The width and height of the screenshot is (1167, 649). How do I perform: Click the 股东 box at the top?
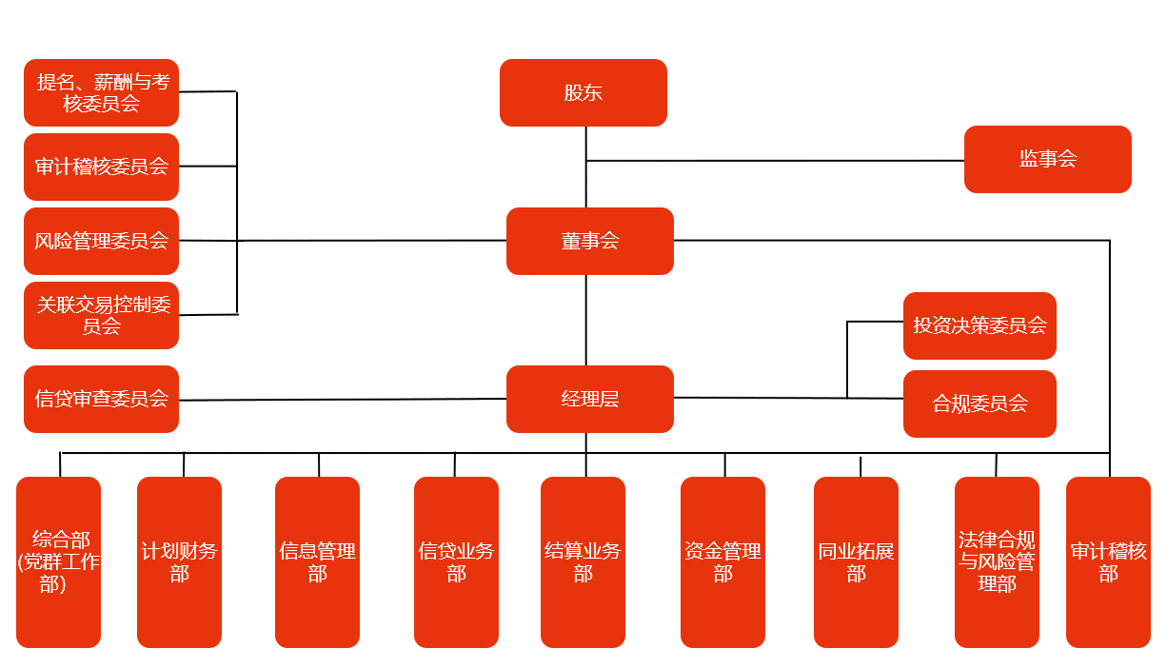(583, 92)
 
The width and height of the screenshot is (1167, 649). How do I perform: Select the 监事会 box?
(1047, 159)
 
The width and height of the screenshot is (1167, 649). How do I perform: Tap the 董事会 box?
(589, 241)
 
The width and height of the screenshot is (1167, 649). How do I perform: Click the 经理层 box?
(589, 399)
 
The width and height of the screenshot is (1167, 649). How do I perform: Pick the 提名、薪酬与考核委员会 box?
(101, 92)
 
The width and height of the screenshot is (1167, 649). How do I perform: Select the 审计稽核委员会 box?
(101, 167)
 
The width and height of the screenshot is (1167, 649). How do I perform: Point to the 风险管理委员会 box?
(101, 241)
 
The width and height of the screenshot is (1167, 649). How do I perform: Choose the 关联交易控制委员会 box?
(101, 315)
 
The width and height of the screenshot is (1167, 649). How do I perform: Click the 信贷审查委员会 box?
(101, 399)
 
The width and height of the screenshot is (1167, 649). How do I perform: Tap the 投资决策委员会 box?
(979, 325)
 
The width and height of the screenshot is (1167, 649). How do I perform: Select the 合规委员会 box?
(979, 403)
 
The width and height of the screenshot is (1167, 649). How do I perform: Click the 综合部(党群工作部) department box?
(58, 561)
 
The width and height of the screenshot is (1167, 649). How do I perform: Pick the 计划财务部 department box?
(179, 561)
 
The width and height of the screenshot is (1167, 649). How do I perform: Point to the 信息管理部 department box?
(317, 561)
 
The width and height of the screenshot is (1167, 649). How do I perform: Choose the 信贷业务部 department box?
(456, 561)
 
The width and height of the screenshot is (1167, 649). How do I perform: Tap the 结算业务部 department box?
(583, 561)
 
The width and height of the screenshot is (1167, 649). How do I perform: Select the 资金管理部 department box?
(722, 561)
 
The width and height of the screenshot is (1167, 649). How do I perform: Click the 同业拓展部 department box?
(856, 561)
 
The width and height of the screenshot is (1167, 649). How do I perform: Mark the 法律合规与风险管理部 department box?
(997, 561)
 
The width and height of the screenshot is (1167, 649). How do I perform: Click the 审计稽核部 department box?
(1108, 561)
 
